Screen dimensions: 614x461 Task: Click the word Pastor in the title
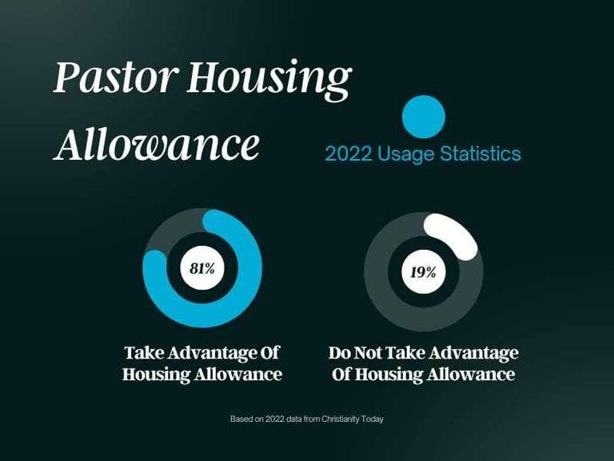[115, 77]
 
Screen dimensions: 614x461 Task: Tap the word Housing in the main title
[269, 81]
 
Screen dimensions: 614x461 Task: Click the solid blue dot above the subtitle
[424, 117]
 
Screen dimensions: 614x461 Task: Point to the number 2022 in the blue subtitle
[348, 154]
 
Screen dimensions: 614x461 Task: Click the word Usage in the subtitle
[405, 154]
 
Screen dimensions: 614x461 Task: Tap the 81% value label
[202, 269]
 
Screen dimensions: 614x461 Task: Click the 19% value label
[423, 271]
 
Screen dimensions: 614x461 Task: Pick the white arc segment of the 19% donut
[454, 234]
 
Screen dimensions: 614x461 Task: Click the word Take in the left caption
[144, 353]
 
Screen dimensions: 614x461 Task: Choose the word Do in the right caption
[340, 353]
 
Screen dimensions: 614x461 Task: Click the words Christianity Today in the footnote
[353, 419]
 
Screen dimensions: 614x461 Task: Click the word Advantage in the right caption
[472, 354]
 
